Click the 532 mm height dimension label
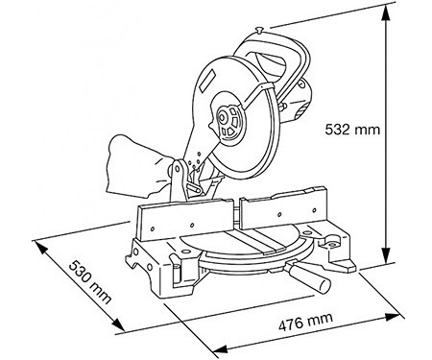(x=352, y=130)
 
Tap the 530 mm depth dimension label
(x=90, y=282)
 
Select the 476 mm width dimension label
(x=306, y=322)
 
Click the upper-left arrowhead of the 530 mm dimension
(x=41, y=249)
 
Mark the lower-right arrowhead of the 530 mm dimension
(x=117, y=324)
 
